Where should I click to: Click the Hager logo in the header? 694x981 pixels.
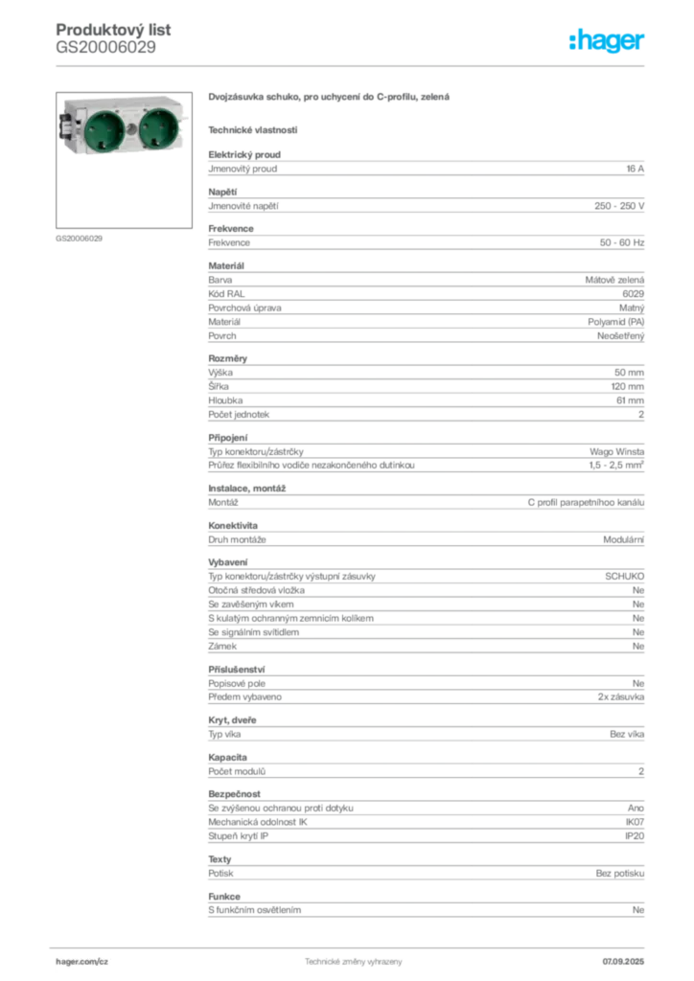(606, 40)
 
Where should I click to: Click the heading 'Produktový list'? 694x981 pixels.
(113, 30)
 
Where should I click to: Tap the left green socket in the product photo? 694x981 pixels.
(104, 128)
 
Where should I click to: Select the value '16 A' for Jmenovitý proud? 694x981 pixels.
(636, 169)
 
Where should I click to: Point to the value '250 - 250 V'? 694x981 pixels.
(619, 206)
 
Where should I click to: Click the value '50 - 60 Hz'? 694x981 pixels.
(621, 242)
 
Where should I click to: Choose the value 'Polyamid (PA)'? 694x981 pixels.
(615, 322)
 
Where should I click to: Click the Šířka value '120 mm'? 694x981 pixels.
(627, 387)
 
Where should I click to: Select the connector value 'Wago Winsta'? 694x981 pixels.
(616, 452)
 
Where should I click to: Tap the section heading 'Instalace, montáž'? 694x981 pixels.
(246, 489)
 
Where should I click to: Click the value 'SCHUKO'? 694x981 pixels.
(624, 576)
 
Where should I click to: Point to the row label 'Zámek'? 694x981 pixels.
(222, 647)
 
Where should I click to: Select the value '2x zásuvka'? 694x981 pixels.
(621, 697)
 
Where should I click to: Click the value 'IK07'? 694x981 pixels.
(635, 822)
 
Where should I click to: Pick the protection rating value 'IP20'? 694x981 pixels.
(635, 835)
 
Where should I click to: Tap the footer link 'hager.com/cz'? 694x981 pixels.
(82, 962)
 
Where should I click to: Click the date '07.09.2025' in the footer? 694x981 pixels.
(623, 962)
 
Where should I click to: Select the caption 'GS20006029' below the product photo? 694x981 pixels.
(79, 239)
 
